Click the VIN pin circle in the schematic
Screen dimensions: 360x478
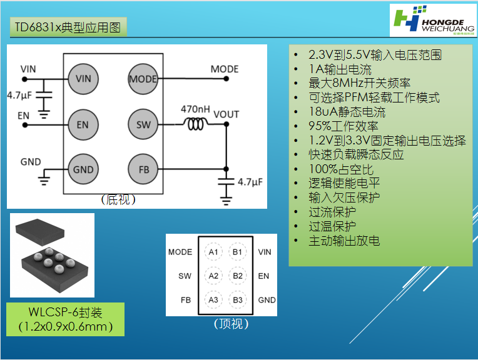[x=83, y=79]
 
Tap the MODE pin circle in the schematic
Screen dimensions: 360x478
[x=143, y=79]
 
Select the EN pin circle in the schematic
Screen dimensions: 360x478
[x=83, y=124]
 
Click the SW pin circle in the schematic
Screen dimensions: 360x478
[x=143, y=124]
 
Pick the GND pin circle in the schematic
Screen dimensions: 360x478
[x=83, y=169]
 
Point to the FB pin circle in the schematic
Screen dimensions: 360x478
[x=143, y=169]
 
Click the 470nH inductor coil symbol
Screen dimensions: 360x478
[x=195, y=124]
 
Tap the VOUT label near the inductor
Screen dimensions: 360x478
[x=226, y=114]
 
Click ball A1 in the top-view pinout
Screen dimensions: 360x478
[x=213, y=252]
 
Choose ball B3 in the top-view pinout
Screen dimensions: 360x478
[x=237, y=299]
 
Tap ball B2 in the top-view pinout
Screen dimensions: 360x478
[x=237, y=276]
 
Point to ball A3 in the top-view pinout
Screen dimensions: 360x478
[x=213, y=299]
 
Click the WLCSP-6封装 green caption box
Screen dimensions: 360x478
[x=66, y=319]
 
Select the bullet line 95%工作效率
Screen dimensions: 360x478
[x=343, y=126]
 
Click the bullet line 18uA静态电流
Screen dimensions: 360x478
[x=347, y=112]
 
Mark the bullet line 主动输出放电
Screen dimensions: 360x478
[x=343, y=240]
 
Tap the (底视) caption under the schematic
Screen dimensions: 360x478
[x=118, y=200]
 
